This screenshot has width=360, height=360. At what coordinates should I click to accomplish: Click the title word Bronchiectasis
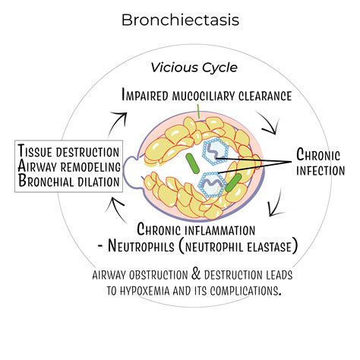[x=180, y=20]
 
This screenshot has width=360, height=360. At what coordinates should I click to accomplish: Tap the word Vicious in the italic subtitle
[x=171, y=68]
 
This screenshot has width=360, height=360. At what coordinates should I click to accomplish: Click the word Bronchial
[x=48, y=182]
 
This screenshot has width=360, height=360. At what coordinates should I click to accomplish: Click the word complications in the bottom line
[x=244, y=290]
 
